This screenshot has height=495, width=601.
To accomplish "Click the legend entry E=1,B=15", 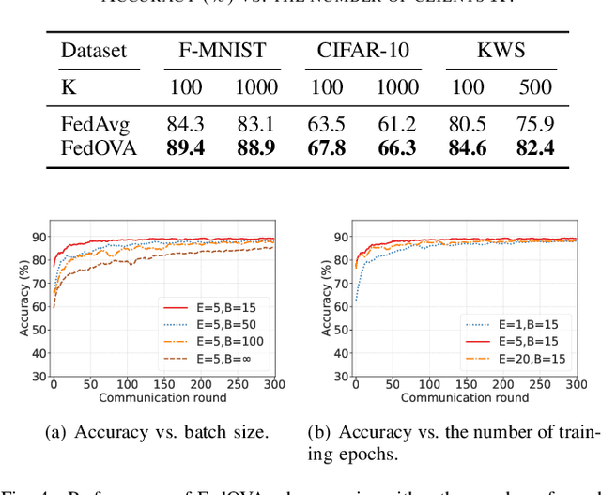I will [x=512, y=322].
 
